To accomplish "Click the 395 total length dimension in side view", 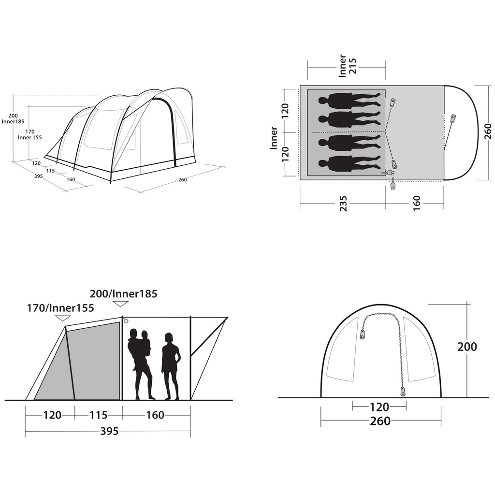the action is [109, 431].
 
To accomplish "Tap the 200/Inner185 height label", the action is [123, 294].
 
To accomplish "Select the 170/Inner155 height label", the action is [60, 308].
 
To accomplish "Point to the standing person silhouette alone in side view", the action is [171, 366].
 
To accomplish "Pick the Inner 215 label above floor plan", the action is [347, 66].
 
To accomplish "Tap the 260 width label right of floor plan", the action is [487, 131].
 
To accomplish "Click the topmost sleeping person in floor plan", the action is [349, 101].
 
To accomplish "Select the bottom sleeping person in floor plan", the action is [349, 164].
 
